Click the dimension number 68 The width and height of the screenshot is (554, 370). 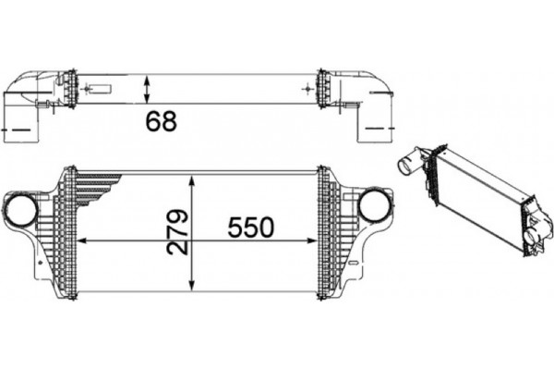[160, 119]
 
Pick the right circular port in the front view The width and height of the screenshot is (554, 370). [374, 204]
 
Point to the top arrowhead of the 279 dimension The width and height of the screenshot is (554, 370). [191, 176]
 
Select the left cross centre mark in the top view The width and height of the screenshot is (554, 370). [90, 90]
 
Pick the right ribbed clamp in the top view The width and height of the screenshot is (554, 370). [324, 89]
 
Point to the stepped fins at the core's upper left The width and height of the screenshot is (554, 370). [92, 185]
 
